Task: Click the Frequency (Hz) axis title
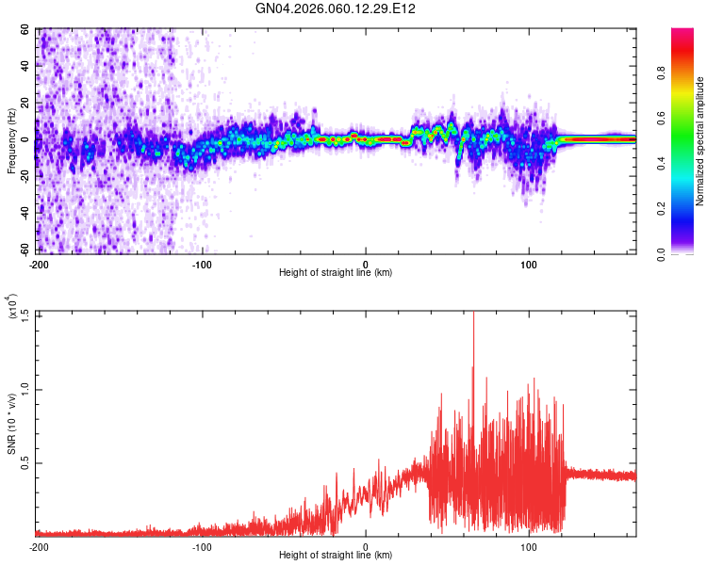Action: click(11, 140)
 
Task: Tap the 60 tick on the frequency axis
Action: click(26, 30)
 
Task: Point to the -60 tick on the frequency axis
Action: click(25, 250)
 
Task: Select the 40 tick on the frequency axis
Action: click(26, 67)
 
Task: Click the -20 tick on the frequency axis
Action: click(25, 177)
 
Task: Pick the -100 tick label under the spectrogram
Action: click(202, 263)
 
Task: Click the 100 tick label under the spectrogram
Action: click(529, 263)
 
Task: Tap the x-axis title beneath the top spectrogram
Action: click(336, 272)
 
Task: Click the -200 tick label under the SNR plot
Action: click(39, 546)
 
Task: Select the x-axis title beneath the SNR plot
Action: click(336, 556)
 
